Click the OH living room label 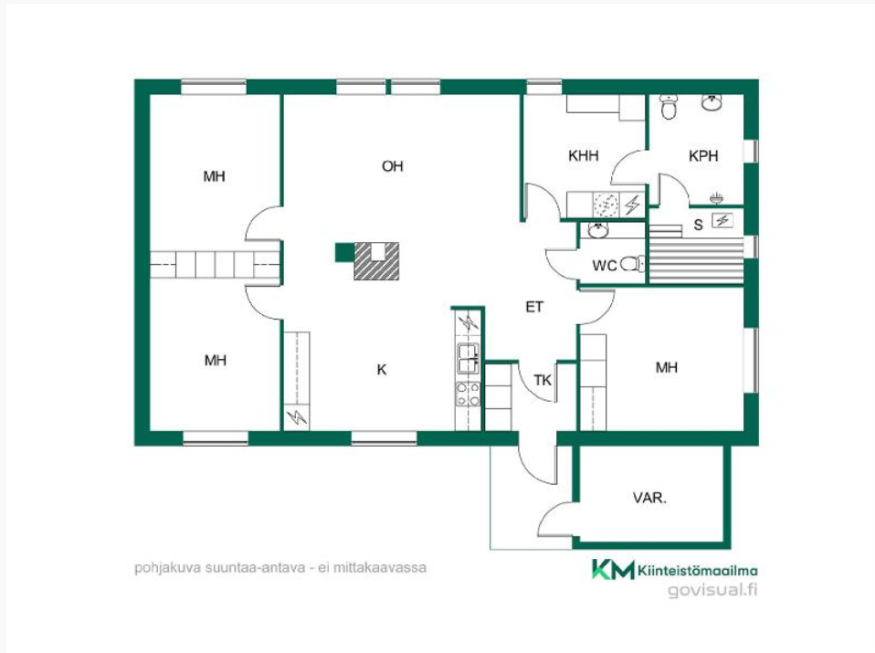coord(393,166)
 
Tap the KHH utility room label coord(583,155)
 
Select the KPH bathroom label coord(703,155)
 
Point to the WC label coord(605,265)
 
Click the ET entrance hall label coord(534,307)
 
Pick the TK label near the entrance coord(543,380)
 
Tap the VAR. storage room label coord(649,497)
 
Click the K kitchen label coord(382,370)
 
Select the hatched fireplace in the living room coord(376,260)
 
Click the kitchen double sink coord(469,358)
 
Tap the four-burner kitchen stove coord(469,394)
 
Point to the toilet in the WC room coord(632,263)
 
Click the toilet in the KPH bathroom coord(669,107)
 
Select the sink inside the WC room coord(598,230)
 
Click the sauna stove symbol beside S coord(722,220)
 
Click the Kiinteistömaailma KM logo coord(614,570)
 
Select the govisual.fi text coord(712,589)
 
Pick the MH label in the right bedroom coord(666,367)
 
